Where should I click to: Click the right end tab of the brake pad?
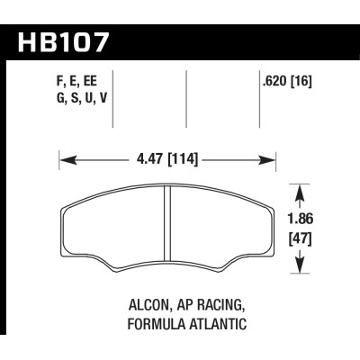[x=268, y=234]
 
